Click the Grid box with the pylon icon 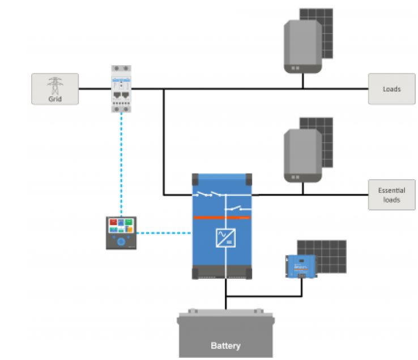54,88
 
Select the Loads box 391,89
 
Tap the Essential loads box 391,195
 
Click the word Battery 225,345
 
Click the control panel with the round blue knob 121,232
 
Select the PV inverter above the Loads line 302,47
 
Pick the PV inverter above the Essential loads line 302,155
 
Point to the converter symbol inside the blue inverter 225,238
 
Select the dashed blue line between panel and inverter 165,232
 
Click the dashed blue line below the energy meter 121,164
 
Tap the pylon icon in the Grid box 54,85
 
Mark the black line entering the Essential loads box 340,195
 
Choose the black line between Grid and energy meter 93,89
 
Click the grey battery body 225,334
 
